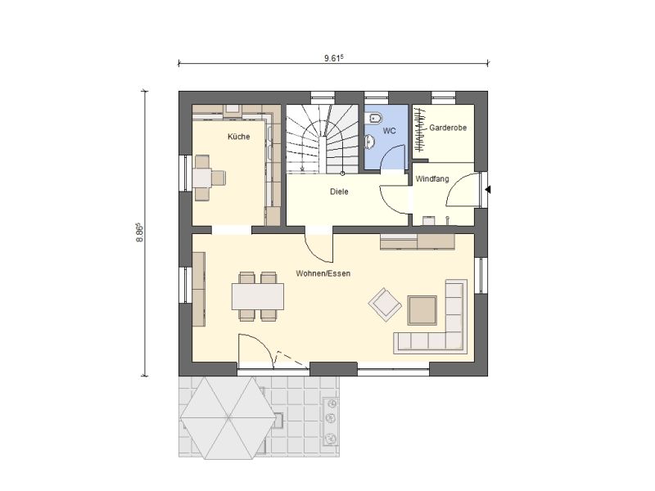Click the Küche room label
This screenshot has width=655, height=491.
pyautogui.click(x=238, y=137)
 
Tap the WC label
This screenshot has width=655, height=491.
pyautogui.click(x=390, y=131)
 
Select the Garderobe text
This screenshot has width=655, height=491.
pyautogui.click(x=448, y=128)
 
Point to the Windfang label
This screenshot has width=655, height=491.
pyautogui.click(x=432, y=178)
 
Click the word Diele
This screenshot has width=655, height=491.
pyautogui.click(x=339, y=191)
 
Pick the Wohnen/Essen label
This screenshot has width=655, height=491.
pyautogui.click(x=323, y=273)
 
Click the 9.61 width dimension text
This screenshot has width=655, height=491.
pyautogui.click(x=333, y=58)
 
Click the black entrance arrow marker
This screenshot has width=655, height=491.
pyautogui.click(x=487, y=190)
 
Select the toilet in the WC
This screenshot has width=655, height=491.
pyautogui.click(x=373, y=119)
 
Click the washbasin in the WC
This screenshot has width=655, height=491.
pyautogui.click(x=370, y=142)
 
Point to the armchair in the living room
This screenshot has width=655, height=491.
pyautogui.click(x=385, y=304)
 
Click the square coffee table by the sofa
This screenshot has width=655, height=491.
pyautogui.click(x=422, y=310)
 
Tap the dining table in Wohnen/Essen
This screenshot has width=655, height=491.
pyautogui.click(x=258, y=296)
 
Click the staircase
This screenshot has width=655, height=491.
pyautogui.click(x=323, y=138)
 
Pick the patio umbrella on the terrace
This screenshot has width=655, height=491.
pyautogui.click(x=228, y=417)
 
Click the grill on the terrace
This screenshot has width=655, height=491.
pyautogui.click(x=331, y=421)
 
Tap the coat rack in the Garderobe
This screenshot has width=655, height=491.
pyautogui.click(x=419, y=130)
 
